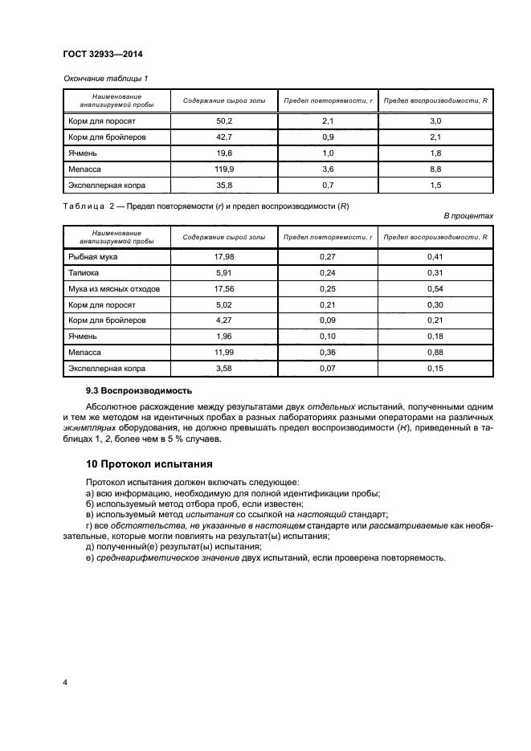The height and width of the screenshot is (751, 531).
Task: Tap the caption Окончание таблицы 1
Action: pyautogui.click(x=105, y=78)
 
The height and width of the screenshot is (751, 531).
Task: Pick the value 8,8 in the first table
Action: pyautogui.click(x=436, y=169)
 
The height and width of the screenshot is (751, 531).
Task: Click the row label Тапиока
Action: pyautogui.click(x=84, y=272)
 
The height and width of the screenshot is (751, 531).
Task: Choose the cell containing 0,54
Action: pyautogui.click(x=436, y=288)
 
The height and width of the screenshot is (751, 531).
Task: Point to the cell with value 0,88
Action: pyautogui.click(x=436, y=353)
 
